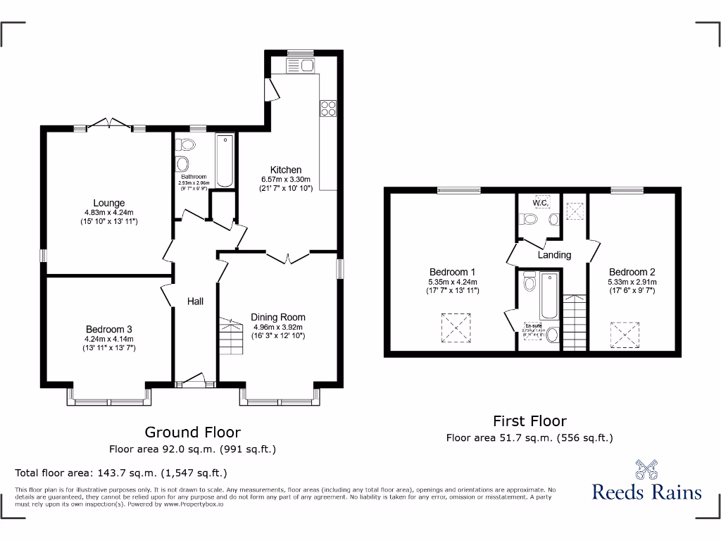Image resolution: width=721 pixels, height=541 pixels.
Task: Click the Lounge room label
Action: coord(109,203)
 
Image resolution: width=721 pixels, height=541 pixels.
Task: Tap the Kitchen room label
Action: coord(286,170)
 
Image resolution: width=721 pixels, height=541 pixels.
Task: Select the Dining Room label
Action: coord(278,317)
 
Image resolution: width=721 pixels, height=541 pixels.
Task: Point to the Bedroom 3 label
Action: coord(109,329)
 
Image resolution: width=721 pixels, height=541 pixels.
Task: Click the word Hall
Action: coord(195,301)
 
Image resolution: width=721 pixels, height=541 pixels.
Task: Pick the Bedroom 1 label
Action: coord(453,272)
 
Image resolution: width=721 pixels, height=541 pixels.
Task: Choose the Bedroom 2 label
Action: coord(632,272)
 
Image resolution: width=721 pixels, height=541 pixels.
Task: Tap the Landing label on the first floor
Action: coord(554,255)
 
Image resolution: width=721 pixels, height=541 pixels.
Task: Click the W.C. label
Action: coord(541,203)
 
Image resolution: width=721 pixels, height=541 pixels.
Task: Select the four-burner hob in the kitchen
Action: coord(329,108)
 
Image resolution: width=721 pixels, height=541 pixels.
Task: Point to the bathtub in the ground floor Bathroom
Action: coord(225,161)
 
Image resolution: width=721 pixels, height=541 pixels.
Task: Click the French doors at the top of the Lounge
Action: coord(110,125)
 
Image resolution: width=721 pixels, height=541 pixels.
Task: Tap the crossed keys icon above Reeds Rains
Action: coord(646,470)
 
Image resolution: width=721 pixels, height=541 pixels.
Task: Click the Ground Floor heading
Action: coord(192,432)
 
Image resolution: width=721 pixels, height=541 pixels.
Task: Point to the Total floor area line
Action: coord(121,473)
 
